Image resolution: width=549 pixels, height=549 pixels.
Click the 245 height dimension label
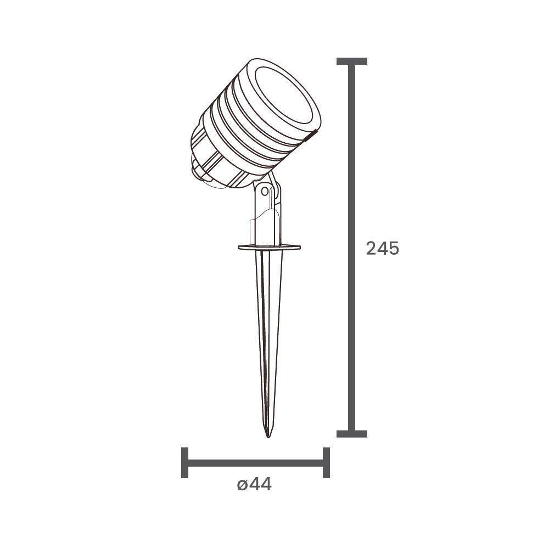click(382, 248)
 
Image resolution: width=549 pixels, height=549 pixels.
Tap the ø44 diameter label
click(254, 485)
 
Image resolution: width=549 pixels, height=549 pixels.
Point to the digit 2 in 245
click(371, 248)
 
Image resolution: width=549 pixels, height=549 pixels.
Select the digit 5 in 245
click(393, 248)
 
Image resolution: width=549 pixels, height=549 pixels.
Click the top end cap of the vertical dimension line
click(351, 61)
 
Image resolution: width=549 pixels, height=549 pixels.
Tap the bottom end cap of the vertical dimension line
click(351, 434)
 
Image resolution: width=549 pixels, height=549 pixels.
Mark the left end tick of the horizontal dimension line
click(184, 463)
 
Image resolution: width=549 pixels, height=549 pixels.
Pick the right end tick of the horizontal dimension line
click(327, 463)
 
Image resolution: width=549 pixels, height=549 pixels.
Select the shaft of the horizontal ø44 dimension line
click(255, 463)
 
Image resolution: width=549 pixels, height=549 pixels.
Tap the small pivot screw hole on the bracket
click(266, 192)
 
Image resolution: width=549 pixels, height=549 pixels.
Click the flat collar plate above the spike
click(269, 248)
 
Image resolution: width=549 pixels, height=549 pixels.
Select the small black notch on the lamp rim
click(311, 133)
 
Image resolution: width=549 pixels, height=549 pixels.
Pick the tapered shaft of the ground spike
click(268, 329)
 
